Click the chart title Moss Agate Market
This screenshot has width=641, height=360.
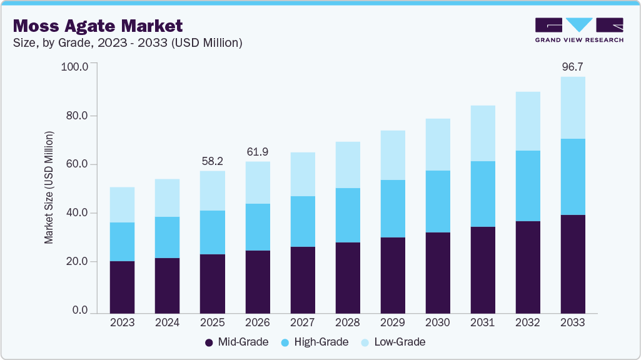pos(98,26)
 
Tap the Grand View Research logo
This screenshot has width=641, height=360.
pos(579,30)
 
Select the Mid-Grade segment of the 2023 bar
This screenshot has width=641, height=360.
pos(122,287)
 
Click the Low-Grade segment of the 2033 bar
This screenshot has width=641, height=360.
pos(572,107)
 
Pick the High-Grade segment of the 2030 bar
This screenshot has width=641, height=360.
pos(437,201)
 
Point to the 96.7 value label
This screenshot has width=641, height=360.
pos(572,66)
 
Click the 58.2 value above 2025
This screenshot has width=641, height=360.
pos(213,161)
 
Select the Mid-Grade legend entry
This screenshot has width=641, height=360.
pos(237,342)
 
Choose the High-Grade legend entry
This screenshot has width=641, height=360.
pos(316,342)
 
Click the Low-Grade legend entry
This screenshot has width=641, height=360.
pos(393,342)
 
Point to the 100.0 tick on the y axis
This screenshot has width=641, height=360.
pos(75,66)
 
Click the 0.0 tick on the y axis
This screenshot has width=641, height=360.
pos(80,311)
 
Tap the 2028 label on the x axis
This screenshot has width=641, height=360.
pos(347,322)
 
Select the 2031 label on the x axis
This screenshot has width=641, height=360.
pos(482,322)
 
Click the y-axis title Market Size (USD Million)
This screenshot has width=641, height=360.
pos(49,187)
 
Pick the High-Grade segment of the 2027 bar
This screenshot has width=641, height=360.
pos(302,221)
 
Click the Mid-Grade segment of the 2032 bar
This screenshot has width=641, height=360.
pos(527,267)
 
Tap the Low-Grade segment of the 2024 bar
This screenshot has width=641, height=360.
pos(167,198)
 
